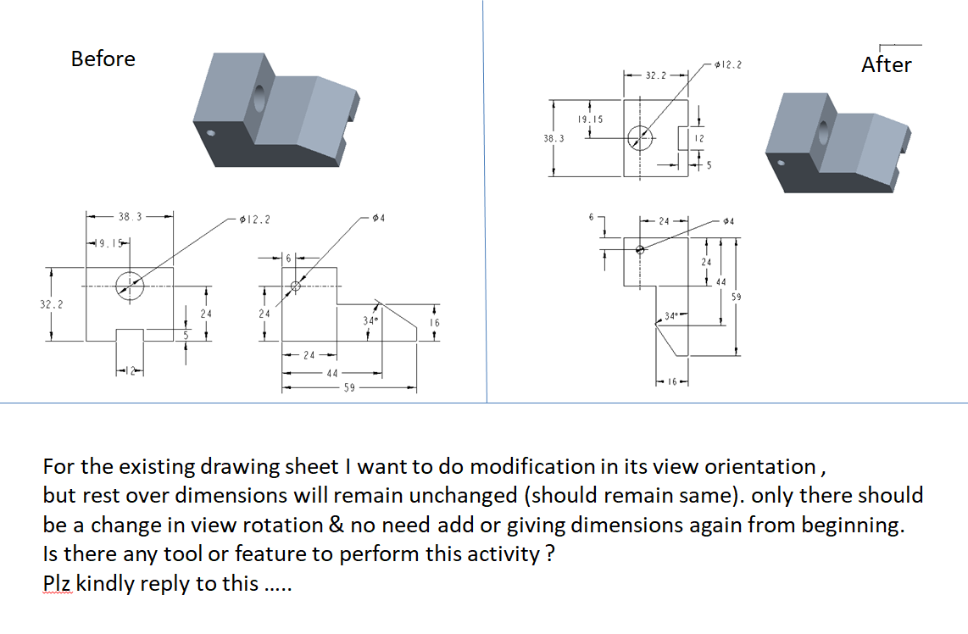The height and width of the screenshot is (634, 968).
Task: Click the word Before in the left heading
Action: [x=103, y=58]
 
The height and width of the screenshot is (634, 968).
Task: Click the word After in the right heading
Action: [x=886, y=64]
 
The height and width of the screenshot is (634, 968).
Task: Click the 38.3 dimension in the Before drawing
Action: [x=130, y=216]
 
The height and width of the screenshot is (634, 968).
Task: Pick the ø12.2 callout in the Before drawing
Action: [x=255, y=220]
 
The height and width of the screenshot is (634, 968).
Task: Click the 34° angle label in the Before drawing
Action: [x=369, y=321]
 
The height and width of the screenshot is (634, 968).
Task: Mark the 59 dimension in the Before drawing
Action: [x=348, y=388]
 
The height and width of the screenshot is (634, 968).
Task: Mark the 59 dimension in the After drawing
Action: [x=736, y=297]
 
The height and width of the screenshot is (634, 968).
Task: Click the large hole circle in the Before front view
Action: [x=130, y=285]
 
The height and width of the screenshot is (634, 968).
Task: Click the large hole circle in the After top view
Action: [x=641, y=136]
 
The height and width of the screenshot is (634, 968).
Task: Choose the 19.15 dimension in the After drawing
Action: [x=589, y=120]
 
